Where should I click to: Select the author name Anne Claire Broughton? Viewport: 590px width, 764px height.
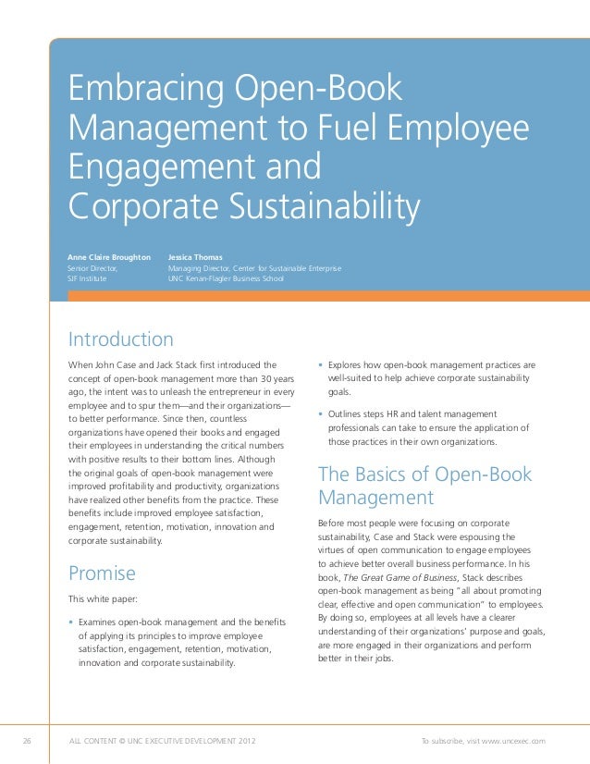click(x=108, y=256)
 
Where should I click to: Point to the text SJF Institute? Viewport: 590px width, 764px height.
click(x=87, y=278)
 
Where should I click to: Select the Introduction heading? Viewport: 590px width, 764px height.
click(x=120, y=339)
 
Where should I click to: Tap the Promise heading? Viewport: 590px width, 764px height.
click(x=102, y=573)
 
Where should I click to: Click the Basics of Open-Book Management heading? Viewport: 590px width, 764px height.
click(x=424, y=487)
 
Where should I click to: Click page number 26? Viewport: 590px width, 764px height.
click(x=27, y=741)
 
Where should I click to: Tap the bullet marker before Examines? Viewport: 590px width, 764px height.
click(x=71, y=622)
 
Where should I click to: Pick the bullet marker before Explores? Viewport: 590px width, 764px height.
click(x=320, y=365)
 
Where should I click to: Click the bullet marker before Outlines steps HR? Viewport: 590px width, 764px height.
click(x=320, y=414)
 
